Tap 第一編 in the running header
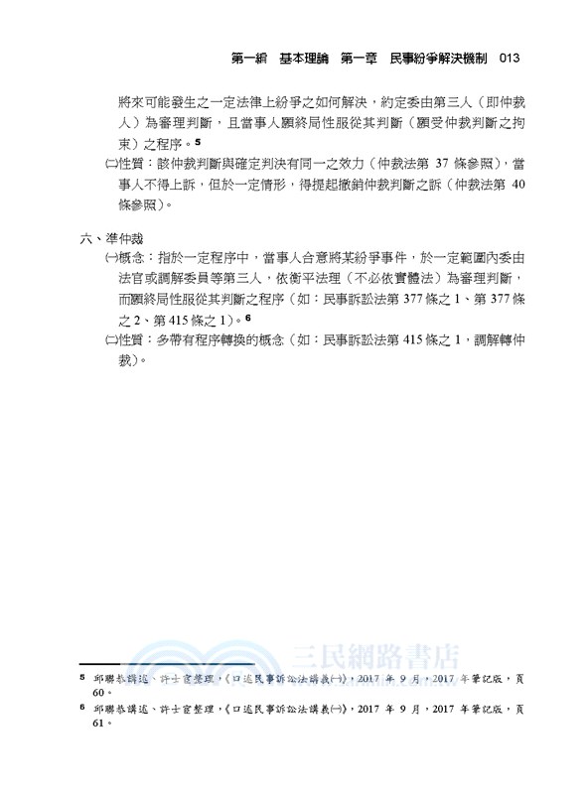point(249,59)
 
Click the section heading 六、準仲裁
point(110,238)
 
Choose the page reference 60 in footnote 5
point(97,692)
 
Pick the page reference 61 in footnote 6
point(97,725)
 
